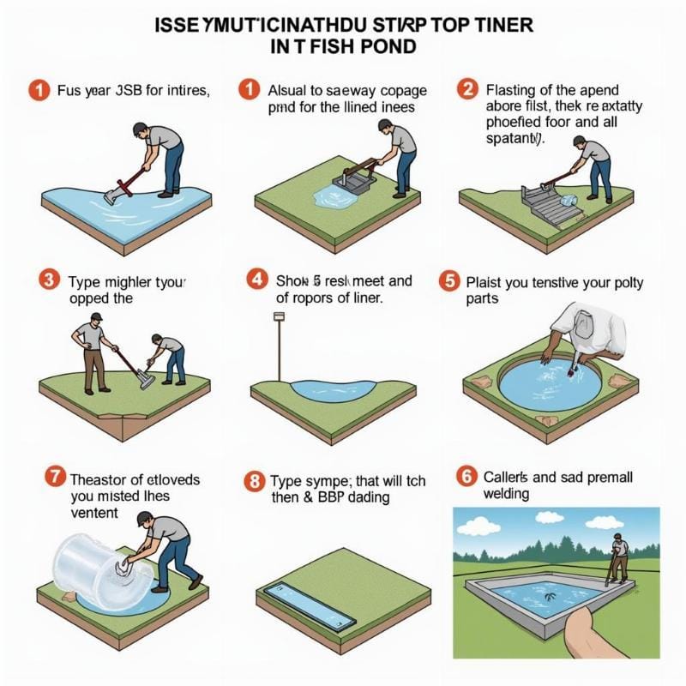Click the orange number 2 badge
tap(468, 88)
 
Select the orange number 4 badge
tap(255, 280)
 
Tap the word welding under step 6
tap(507, 495)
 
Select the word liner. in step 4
tap(359, 298)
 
